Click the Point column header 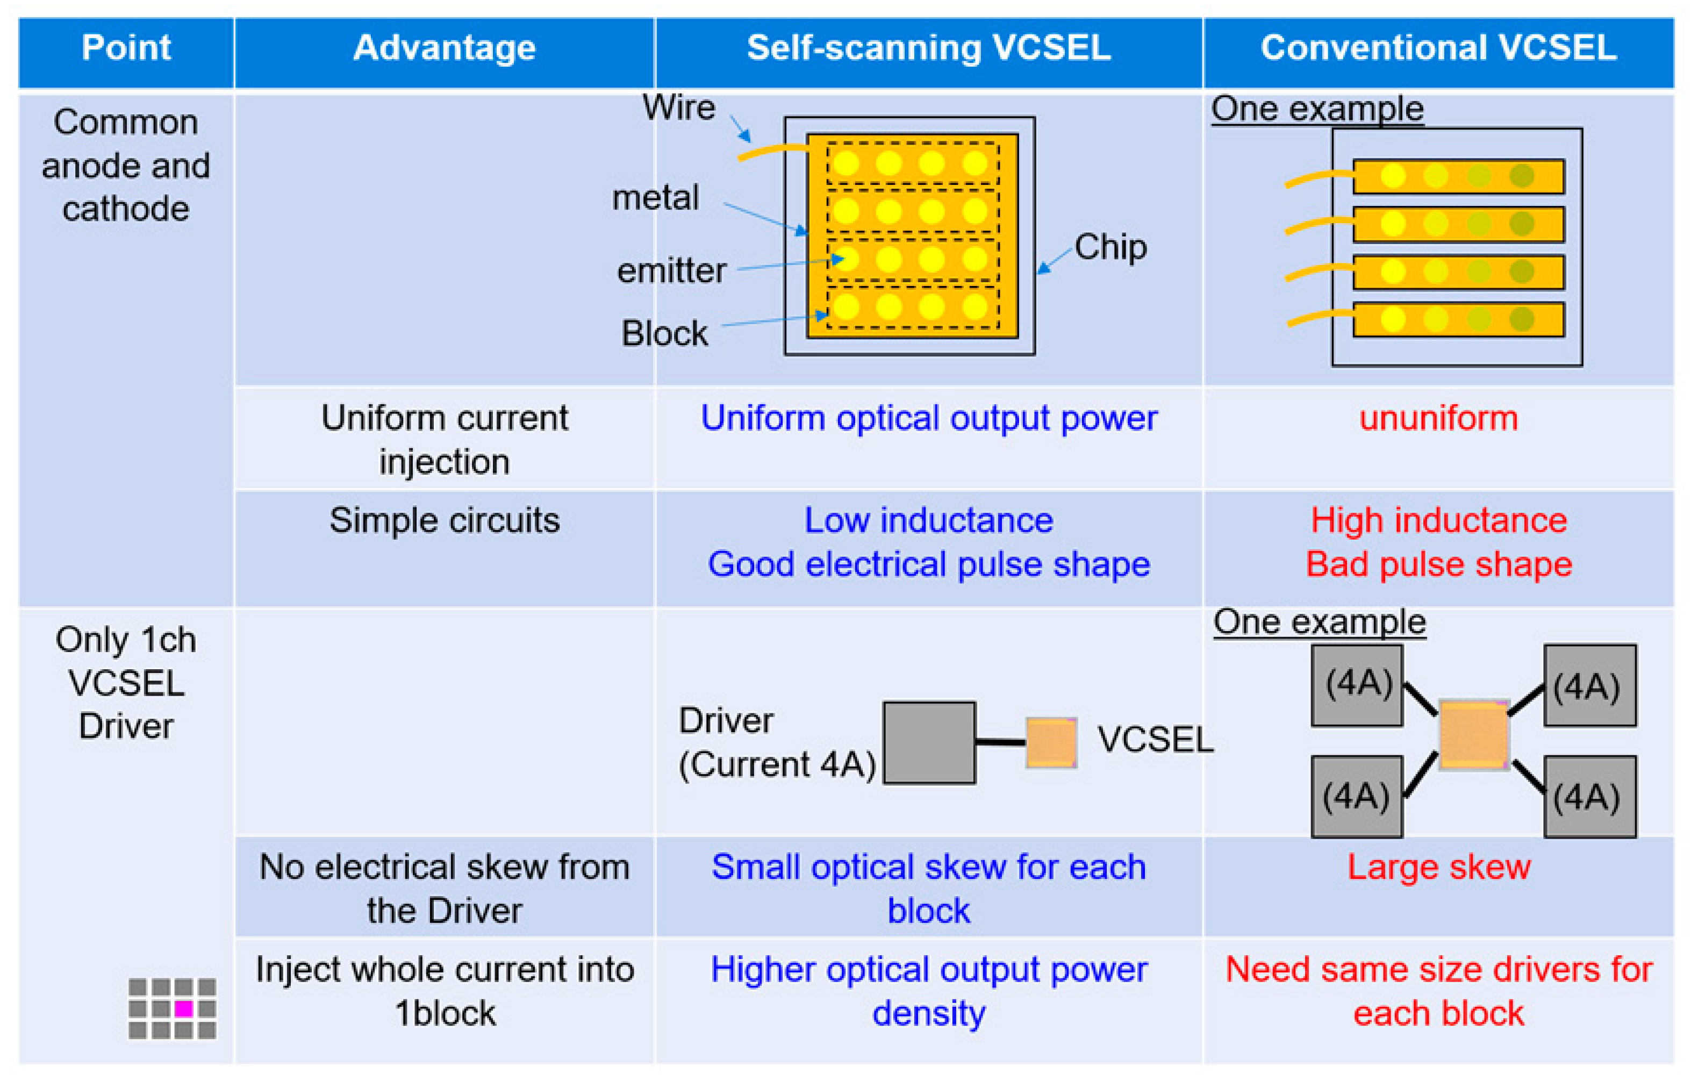[126, 48]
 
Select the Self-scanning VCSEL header [928, 48]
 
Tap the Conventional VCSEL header [1438, 48]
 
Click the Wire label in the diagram [678, 108]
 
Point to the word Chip [1110, 247]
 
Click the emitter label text [671, 271]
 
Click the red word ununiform [1438, 419]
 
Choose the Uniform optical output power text [928, 419]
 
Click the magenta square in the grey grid [184, 1008]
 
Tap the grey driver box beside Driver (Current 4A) [928, 742]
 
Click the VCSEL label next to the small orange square [1155, 740]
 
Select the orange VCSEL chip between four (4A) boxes [1473, 735]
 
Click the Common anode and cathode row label [126, 166]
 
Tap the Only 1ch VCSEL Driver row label [126, 683]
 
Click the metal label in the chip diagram [655, 198]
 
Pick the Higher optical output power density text [928, 992]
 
